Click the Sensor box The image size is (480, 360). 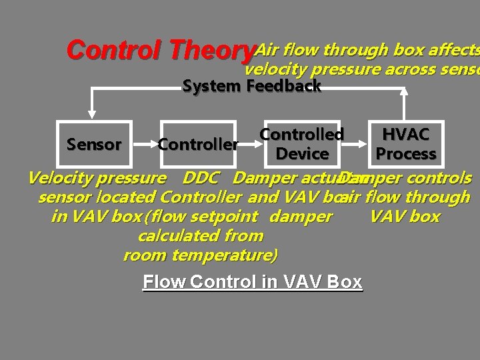tap(95, 144)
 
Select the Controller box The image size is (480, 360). tap(198, 144)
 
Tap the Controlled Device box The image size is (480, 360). tap(301, 144)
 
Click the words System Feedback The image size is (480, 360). tap(252, 86)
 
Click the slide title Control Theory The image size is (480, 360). tap(161, 50)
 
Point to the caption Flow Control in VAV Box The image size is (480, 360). tap(253, 282)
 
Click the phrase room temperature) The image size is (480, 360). tap(201, 255)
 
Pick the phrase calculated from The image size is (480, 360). tap(201, 236)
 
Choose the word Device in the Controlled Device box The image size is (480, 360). tap(302, 153)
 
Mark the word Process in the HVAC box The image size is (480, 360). tap(405, 154)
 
